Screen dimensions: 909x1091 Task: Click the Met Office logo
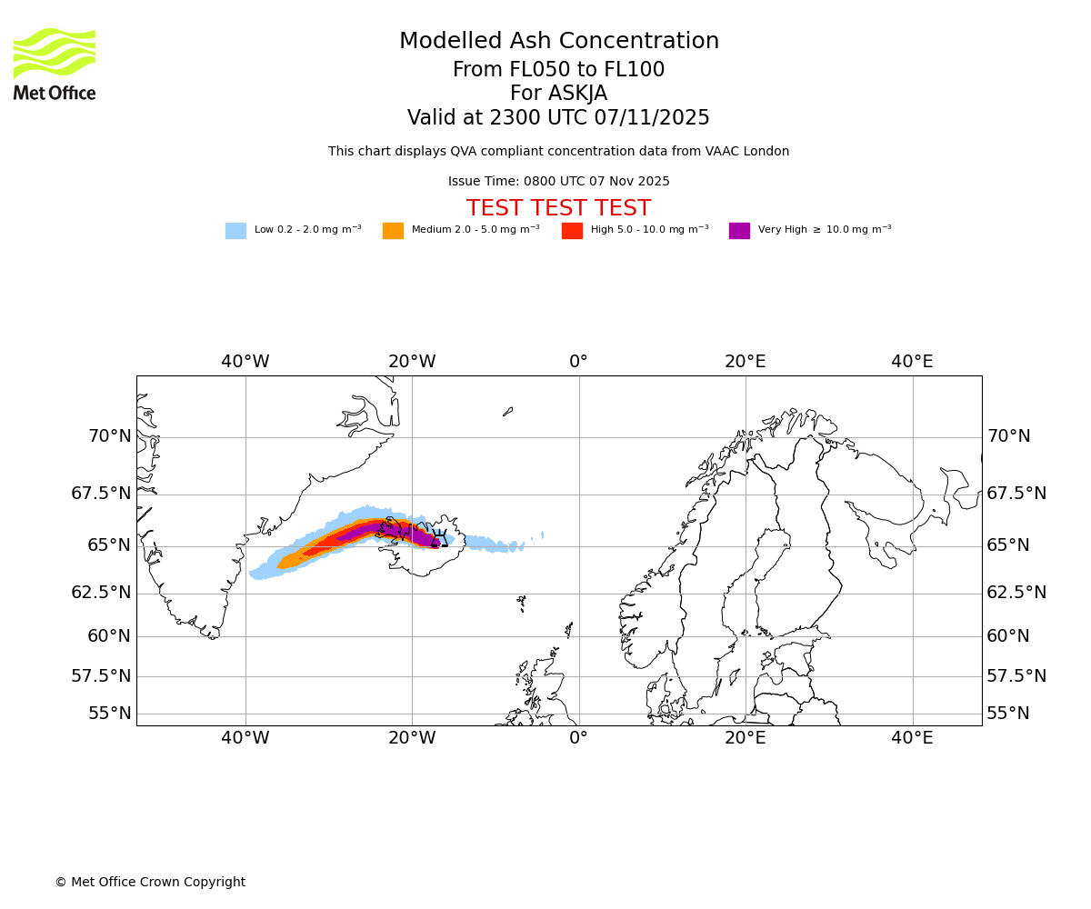pos(55,64)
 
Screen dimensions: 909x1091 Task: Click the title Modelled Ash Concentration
pos(558,42)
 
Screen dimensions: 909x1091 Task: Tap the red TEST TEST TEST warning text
pos(558,208)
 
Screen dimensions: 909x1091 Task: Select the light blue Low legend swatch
pos(235,231)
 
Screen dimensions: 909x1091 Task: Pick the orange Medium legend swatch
pos(393,231)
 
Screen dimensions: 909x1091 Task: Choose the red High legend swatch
pos(572,231)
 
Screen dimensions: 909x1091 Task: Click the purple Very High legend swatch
pos(739,231)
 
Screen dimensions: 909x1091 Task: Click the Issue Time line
pos(558,182)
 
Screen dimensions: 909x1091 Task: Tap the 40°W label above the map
pos(245,362)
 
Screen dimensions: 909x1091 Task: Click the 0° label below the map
pos(578,738)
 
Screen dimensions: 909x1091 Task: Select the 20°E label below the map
pos(745,738)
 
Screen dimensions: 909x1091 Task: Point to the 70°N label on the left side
pos(110,436)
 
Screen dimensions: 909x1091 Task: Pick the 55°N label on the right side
pos(1008,714)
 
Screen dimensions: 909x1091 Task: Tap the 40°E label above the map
pos(912,362)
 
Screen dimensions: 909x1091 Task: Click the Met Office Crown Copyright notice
pos(150,882)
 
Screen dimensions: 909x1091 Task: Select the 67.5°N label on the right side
pos(1016,494)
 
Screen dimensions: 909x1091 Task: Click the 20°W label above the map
pos(412,362)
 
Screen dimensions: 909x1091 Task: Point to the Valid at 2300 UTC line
pos(558,118)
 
